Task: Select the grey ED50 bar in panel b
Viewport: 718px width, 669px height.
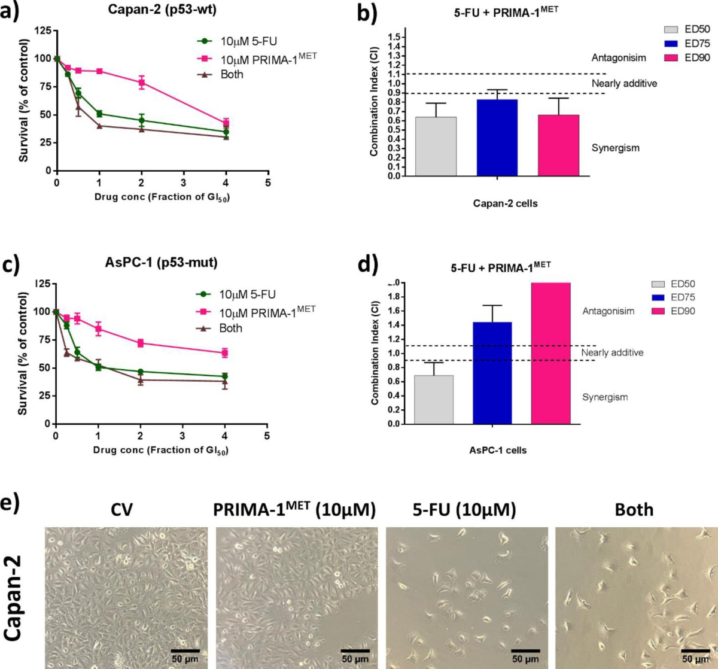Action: (436, 147)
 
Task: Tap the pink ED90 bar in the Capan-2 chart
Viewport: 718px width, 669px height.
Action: (558, 145)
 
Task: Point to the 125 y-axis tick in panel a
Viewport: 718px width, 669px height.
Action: (42, 31)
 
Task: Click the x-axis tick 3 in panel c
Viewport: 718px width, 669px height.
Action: (182, 436)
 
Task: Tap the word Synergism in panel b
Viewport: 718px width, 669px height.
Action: (615, 148)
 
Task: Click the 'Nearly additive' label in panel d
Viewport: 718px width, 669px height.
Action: (612, 352)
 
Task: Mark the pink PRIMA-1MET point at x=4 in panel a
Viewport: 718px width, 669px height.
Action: (226, 123)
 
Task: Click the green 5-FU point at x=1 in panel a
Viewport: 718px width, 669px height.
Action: (99, 114)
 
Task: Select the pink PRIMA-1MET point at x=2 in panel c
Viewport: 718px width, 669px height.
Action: (141, 343)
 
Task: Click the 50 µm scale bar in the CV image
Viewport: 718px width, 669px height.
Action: (185, 651)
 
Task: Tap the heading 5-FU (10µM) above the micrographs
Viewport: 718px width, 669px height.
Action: (464, 510)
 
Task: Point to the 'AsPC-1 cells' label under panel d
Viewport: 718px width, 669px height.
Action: (498, 450)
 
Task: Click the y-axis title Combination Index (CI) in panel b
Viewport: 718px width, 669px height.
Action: (375, 102)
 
